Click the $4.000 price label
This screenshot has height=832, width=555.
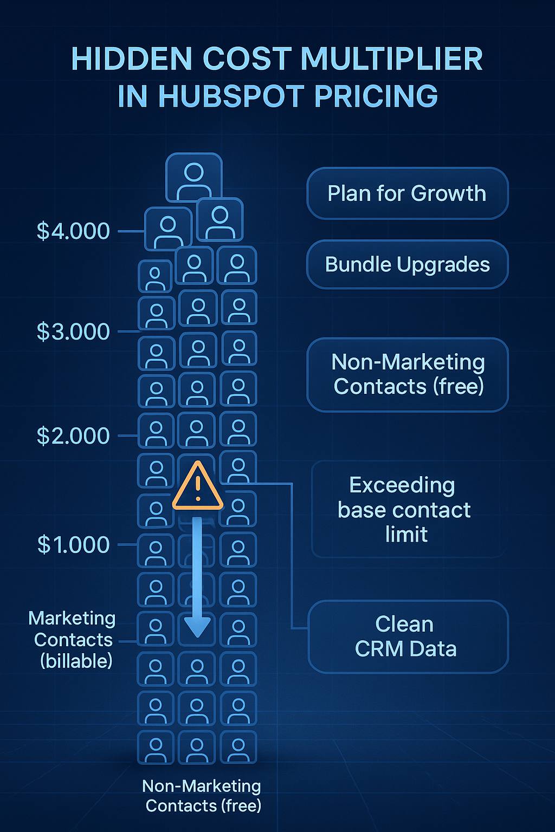coord(73,231)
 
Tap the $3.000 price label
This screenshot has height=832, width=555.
coord(73,331)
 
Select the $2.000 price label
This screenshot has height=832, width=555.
coord(73,436)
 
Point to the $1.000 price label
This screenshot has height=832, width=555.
coord(73,545)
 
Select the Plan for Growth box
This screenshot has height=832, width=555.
coord(407,193)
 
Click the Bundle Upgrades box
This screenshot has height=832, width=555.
coord(407,264)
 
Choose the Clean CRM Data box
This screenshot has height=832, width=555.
coord(407,636)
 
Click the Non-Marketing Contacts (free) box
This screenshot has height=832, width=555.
coord(407,374)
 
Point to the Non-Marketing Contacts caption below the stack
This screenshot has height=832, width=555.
coord(202,796)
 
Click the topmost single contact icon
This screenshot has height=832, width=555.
coord(194,178)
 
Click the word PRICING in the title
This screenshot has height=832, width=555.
coord(376,96)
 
